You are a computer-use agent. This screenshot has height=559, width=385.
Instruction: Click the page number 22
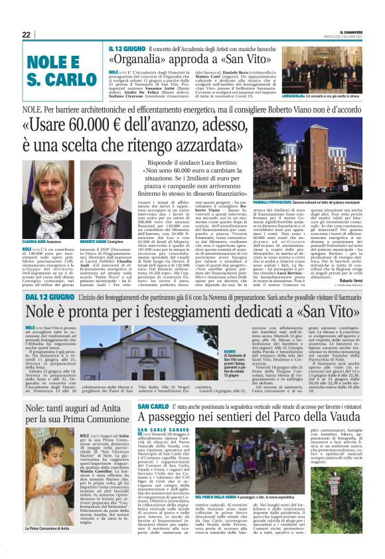pos(26,35)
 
